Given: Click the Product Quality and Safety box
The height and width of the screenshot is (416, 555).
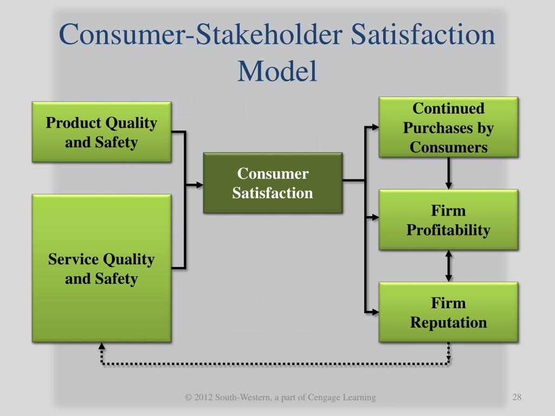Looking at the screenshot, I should pos(101,132).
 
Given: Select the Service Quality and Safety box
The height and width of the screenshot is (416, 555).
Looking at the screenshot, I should pos(101,268).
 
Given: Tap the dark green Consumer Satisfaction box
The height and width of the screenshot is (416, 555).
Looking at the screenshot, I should pos(273,183).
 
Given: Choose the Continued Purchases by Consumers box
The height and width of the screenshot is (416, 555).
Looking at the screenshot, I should pos(448,127).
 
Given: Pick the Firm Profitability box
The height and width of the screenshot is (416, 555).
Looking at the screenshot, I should pos(448,219).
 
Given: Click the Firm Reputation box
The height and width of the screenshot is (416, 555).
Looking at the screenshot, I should pos(448,312).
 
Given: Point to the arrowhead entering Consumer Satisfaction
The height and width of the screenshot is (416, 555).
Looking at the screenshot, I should pos(199,185).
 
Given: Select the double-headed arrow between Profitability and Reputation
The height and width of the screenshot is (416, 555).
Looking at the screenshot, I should pos(449,265).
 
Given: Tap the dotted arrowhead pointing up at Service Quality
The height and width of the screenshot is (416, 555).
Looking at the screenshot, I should pos(101,347).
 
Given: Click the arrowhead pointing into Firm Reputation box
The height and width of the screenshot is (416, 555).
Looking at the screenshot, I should pos(375,312).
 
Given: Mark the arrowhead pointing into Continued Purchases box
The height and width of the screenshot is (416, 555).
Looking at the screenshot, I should pos(375,127).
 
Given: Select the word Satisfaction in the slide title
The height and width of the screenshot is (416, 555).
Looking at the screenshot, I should pos(423,35).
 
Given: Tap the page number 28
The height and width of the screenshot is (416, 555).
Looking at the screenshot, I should pos(516,398).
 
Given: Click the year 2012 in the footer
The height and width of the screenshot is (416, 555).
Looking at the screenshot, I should pos(203,398).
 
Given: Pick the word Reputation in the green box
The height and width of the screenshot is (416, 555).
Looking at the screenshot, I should pos(448,322).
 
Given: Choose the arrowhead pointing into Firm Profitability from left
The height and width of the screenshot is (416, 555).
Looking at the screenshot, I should pos(375,217).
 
